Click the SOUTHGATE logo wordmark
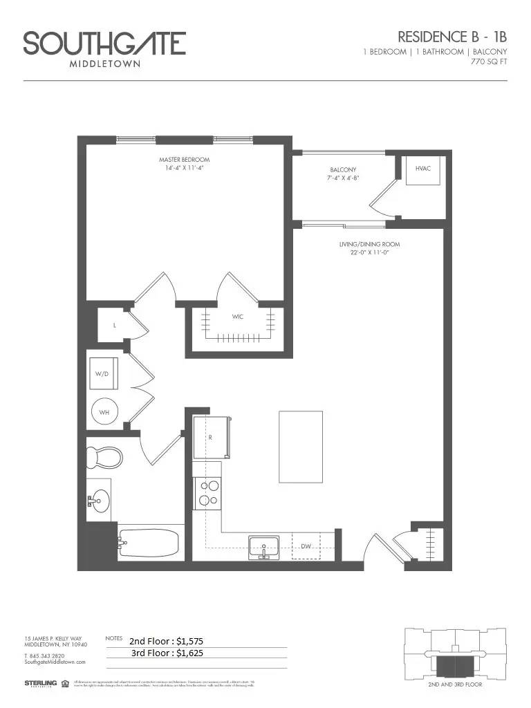click(104, 44)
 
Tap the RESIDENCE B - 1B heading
click(452, 37)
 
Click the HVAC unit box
click(423, 169)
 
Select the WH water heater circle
click(105, 413)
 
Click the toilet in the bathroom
click(104, 457)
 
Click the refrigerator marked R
click(210, 437)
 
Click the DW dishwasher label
click(306, 546)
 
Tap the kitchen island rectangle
click(300, 447)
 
